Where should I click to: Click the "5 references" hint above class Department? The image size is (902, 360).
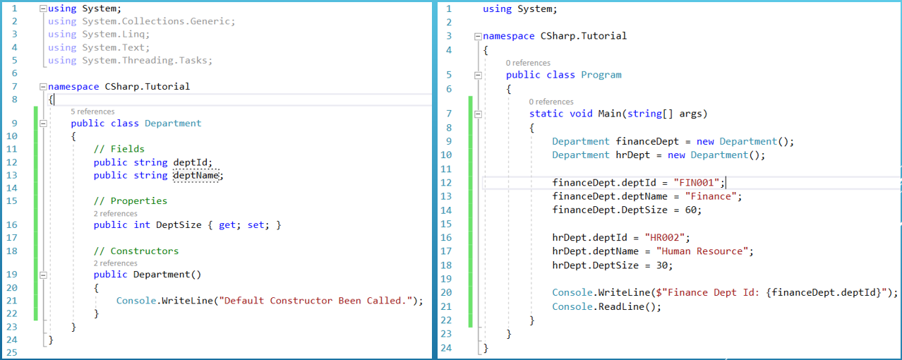click(92, 112)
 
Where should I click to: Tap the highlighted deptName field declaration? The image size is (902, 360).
click(196, 176)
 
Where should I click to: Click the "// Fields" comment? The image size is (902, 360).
click(119, 149)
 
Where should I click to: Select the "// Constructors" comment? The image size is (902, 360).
click(136, 251)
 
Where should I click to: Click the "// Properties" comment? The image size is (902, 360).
click(131, 201)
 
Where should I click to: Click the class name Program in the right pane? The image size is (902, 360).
click(601, 75)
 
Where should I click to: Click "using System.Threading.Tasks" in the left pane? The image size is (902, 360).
click(130, 61)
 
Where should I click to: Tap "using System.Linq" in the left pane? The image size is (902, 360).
click(99, 34)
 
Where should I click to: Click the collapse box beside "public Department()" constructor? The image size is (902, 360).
click(43, 275)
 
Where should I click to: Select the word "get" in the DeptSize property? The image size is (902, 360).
click(227, 225)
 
